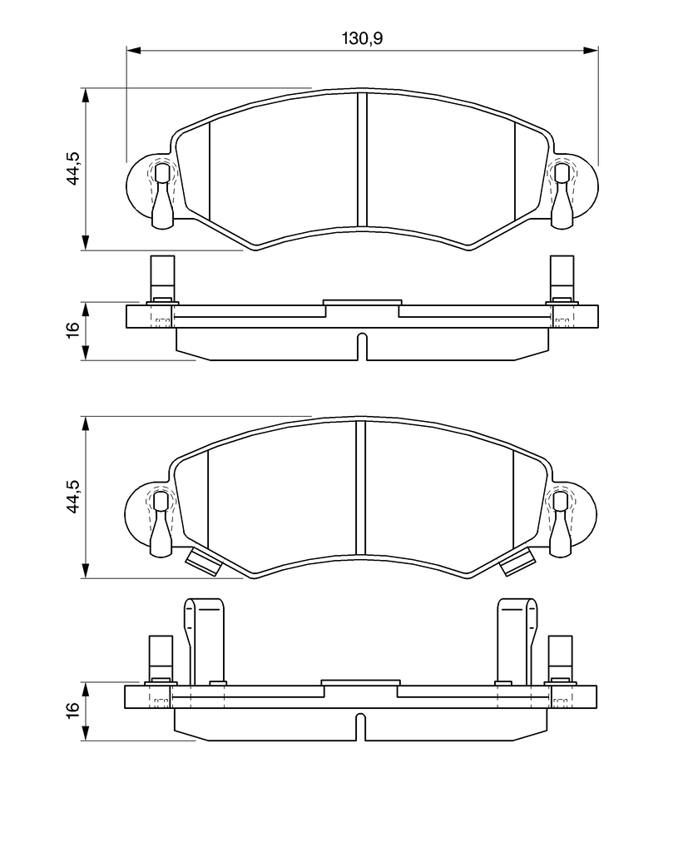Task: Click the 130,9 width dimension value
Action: click(362, 38)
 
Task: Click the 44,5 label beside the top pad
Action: click(73, 168)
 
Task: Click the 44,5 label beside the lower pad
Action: click(73, 497)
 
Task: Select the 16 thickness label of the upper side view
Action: click(73, 329)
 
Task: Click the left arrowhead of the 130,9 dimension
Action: click(134, 50)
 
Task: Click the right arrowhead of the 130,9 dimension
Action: click(591, 50)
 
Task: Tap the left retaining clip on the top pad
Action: click(161, 196)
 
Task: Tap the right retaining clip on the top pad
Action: click(562, 196)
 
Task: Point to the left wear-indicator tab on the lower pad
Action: click(203, 562)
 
